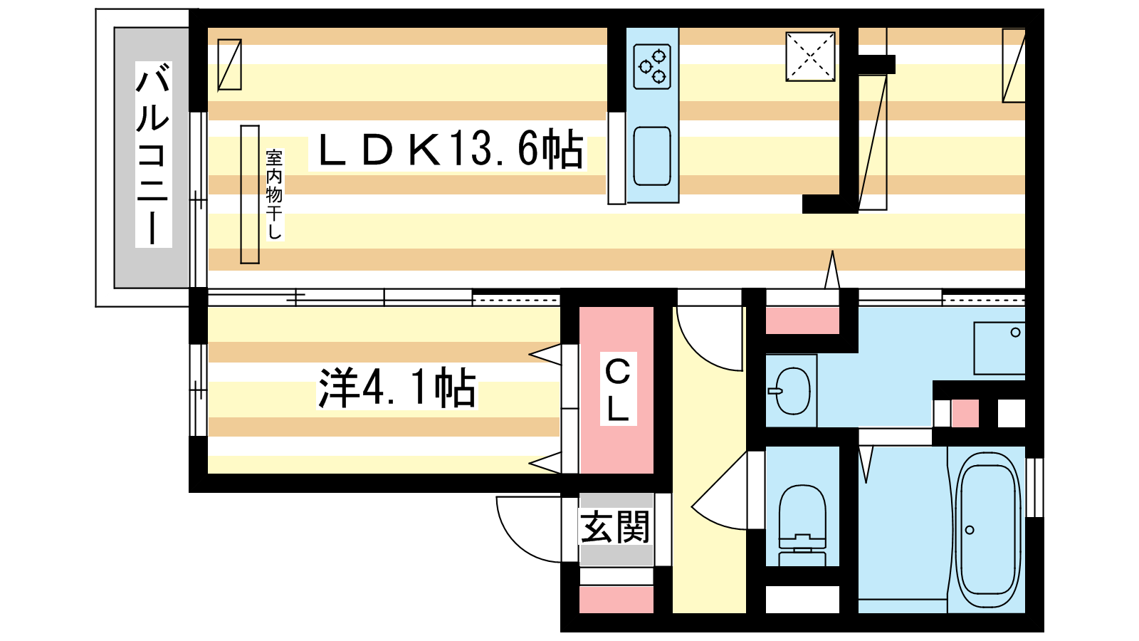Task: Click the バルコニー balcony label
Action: pyautogui.click(x=153, y=154)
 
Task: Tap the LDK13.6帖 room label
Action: pyautogui.click(x=448, y=149)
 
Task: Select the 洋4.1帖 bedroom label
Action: pyautogui.click(x=397, y=387)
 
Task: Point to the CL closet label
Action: pyautogui.click(x=619, y=389)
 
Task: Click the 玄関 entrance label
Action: pyautogui.click(x=615, y=526)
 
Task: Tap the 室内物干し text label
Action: pyautogui.click(x=274, y=194)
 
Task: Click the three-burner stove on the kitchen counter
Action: pyautogui.click(x=652, y=67)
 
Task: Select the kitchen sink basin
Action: pyautogui.click(x=652, y=156)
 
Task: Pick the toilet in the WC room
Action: pyautogui.click(x=802, y=525)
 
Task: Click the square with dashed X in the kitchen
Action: pyautogui.click(x=811, y=57)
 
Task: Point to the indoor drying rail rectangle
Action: pyautogui.click(x=250, y=194)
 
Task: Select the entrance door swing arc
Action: pyautogui.click(x=529, y=530)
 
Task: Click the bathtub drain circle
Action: pyautogui.click(x=970, y=530)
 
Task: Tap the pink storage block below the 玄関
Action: pyautogui.click(x=616, y=600)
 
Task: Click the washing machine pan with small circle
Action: pyautogui.click(x=999, y=348)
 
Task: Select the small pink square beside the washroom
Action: pyautogui.click(x=965, y=413)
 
